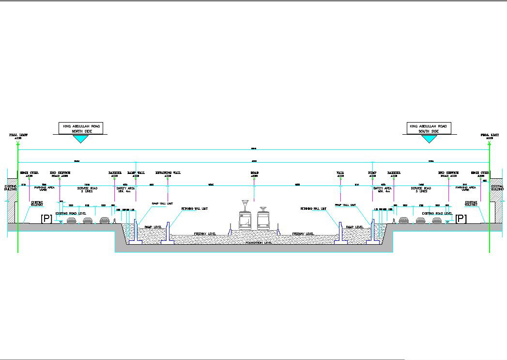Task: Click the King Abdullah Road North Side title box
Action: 81,128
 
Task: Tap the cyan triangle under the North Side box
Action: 80,139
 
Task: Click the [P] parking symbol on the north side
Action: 46,219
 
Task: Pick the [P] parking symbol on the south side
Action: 461,219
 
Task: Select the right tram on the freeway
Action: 263,220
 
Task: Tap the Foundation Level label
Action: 259,242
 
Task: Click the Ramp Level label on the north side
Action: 152,227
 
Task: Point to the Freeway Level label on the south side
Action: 303,234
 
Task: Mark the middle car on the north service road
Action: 88,220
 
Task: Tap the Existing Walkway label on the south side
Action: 471,204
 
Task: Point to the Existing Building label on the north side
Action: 11,188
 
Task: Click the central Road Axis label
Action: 254,174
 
